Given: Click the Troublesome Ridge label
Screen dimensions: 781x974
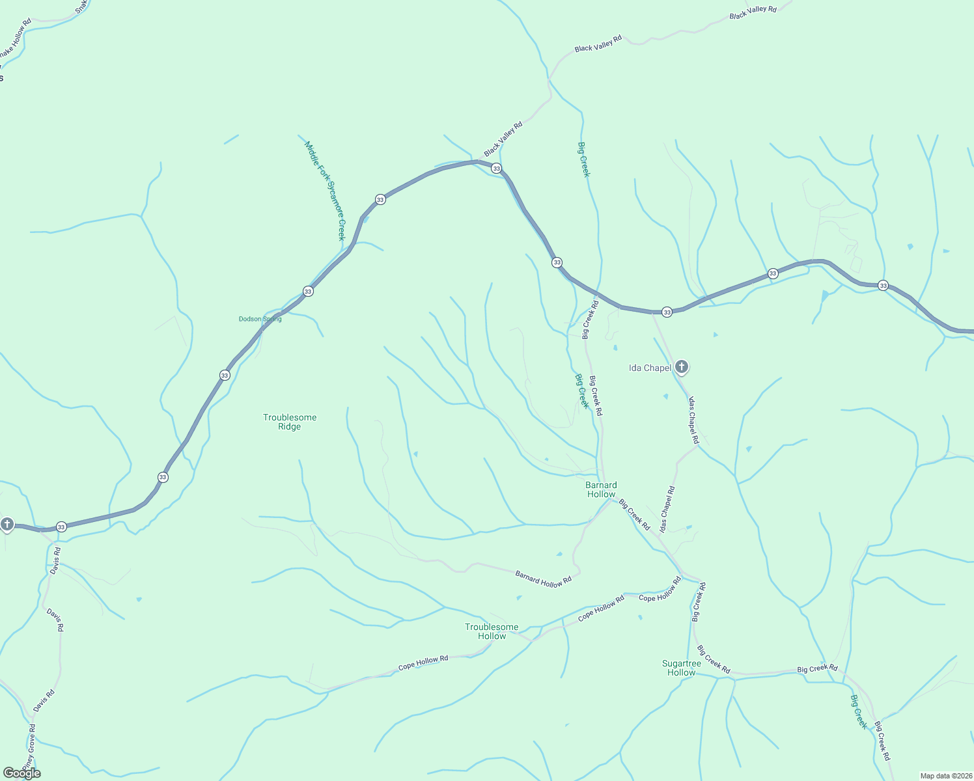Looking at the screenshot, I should coord(290,422).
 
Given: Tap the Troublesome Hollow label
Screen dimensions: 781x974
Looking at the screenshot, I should coord(492,631).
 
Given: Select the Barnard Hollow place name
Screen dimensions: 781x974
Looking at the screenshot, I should coord(601,489).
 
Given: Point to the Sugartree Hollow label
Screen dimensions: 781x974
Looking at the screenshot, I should coord(682,668).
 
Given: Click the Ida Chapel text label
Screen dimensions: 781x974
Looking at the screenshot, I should coord(650,368).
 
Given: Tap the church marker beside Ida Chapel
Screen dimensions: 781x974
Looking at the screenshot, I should coord(682,367).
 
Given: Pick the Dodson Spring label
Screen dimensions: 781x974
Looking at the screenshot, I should coord(260,319).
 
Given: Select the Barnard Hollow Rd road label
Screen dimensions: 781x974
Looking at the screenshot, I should coord(543,579).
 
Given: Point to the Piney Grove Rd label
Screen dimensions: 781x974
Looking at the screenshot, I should coord(29,746).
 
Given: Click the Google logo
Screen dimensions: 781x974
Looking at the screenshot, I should coord(21,773).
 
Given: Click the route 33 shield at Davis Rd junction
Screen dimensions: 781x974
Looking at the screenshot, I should coord(61,527).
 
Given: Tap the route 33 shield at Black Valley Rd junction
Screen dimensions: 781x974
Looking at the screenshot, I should coord(496,168).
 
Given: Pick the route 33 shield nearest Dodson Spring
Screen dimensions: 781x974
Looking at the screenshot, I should coord(308,291).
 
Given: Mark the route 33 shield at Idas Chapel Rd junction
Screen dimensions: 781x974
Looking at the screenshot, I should coord(667,312).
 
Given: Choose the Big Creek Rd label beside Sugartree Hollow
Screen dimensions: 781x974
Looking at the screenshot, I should coord(713,659).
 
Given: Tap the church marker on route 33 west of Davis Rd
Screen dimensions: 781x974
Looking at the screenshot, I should coord(7,524).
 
